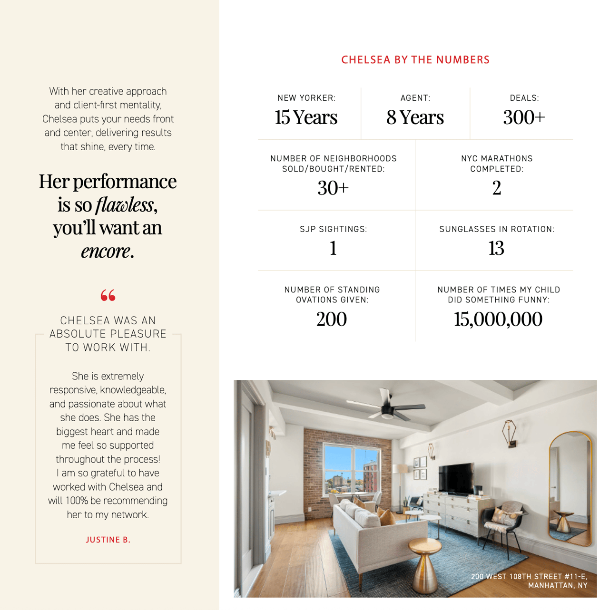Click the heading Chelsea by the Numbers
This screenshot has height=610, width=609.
pos(415,60)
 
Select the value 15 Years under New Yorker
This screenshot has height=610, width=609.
pos(306,117)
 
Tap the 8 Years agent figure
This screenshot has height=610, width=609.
pos(415,117)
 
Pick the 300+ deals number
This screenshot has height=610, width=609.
pos(524,117)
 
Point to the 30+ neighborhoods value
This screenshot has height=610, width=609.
pos(333,188)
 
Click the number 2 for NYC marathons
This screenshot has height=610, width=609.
pos(496,188)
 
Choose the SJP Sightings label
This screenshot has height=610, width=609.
pos(333,229)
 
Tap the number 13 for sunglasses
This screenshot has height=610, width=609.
pos(496,248)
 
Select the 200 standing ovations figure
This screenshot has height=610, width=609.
pos(332,319)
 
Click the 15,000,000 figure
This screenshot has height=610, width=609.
pos(498,319)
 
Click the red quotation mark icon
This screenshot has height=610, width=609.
pos(108,295)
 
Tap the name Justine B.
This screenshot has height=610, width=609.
pos(108,540)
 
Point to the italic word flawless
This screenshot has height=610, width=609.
pos(125,205)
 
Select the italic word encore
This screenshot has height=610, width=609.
pos(106,251)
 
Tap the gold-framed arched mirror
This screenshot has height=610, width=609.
pos(570,487)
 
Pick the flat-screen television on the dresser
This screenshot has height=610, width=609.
pos(456,478)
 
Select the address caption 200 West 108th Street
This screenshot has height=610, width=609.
pos(529,581)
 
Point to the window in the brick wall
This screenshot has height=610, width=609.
pos(351,471)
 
